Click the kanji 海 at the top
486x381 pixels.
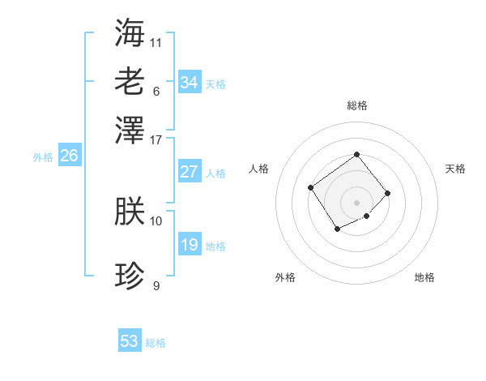130,32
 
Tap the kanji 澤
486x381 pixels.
130,130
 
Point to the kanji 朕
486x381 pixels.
130,212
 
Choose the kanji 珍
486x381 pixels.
130,276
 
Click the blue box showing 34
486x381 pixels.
190,83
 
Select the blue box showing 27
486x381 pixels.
190,172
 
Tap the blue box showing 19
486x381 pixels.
190,245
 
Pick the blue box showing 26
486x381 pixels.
69,156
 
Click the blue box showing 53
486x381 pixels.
130,341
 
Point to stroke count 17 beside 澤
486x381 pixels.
156,139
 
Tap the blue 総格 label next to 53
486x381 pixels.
156,343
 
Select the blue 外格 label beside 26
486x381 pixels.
43,158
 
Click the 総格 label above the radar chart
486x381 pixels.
356,105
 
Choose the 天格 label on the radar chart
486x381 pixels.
455,169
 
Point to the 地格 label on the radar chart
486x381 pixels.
424,277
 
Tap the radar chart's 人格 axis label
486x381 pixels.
258,169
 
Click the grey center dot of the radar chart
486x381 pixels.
356,202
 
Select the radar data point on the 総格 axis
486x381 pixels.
356,154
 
